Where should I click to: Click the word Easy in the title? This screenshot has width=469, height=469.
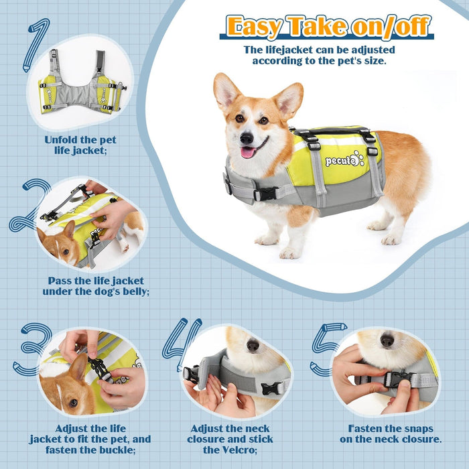[254, 27]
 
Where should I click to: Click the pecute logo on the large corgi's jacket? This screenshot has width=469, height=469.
[344, 159]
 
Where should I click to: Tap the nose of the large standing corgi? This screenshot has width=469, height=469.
[247, 138]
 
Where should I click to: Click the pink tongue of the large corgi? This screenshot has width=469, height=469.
[248, 152]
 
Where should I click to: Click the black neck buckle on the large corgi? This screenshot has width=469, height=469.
[265, 194]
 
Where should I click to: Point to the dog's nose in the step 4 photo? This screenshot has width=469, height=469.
[253, 345]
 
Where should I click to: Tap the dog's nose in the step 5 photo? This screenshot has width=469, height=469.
[387, 340]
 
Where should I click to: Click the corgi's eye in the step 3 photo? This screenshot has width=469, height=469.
[73, 403]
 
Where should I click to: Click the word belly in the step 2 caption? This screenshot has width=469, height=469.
[135, 291]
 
